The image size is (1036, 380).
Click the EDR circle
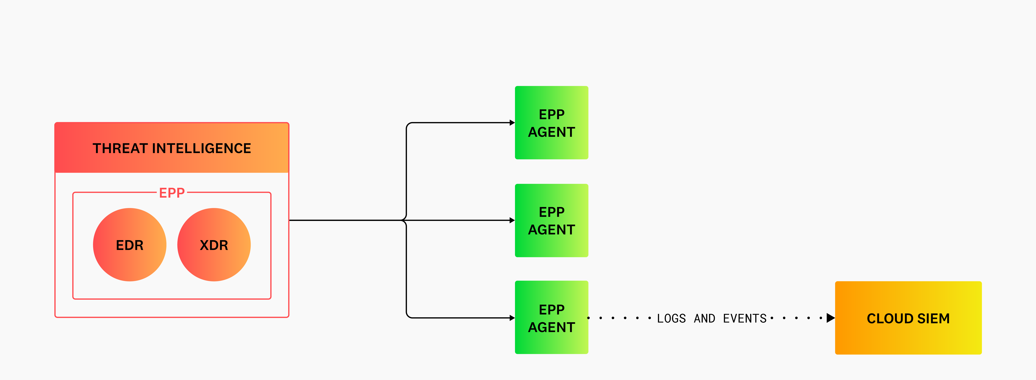pos(129,245)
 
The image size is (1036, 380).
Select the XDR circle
pos(214,245)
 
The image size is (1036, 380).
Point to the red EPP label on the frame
pos(172,193)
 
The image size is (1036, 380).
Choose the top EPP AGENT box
pos(551,123)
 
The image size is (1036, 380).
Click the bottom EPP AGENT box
pos(551,317)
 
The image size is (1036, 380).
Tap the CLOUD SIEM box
pos(908,318)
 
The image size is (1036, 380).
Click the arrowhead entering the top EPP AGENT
pos(512,123)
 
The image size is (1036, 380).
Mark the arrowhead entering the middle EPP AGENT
pos(512,220)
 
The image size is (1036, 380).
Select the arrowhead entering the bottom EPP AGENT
pos(512,318)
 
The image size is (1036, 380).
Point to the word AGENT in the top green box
pos(551,132)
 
